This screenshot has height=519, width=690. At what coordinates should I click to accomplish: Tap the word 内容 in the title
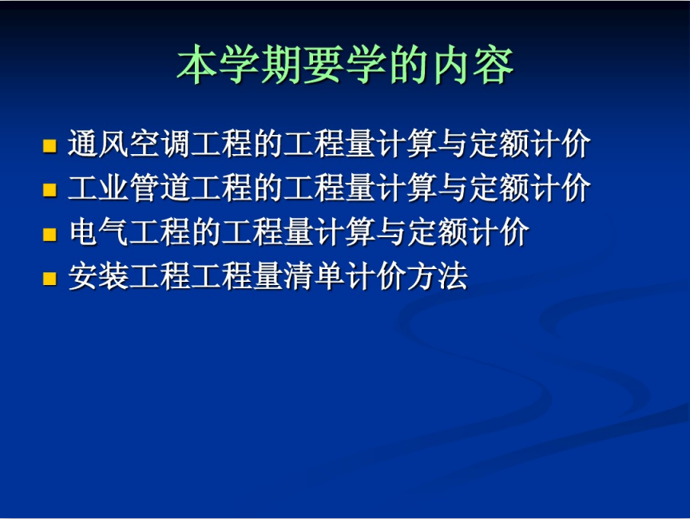click(x=474, y=65)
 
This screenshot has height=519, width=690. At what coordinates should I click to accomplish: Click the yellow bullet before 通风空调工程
click(x=50, y=146)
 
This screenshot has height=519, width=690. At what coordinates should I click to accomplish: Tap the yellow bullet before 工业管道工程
click(x=50, y=190)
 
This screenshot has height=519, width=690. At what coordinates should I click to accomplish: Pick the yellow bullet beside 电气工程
click(x=50, y=235)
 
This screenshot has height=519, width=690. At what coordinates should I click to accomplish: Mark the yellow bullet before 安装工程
click(x=50, y=279)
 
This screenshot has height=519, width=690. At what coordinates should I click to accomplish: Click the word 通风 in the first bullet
click(x=98, y=144)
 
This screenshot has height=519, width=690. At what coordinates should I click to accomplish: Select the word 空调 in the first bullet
click(x=160, y=144)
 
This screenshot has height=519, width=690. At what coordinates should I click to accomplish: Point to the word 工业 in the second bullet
click(x=98, y=188)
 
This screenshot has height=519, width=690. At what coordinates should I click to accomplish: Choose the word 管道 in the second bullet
click(x=160, y=188)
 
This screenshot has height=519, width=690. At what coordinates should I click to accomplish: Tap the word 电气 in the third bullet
click(x=98, y=232)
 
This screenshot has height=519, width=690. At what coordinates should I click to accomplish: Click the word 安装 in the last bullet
click(x=98, y=276)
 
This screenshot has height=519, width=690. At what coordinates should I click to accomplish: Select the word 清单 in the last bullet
click(x=314, y=276)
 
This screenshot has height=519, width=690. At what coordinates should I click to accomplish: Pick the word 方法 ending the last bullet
click(x=437, y=276)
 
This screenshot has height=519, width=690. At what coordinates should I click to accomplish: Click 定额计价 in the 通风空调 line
click(x=529, y=144)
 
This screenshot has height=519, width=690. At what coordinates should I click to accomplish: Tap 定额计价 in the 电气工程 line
click(x=468, y=232)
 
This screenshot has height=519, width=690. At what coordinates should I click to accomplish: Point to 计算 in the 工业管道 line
click(x=406, y=188)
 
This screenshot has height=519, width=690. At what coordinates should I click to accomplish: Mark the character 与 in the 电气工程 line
click(x=391, y=232)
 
